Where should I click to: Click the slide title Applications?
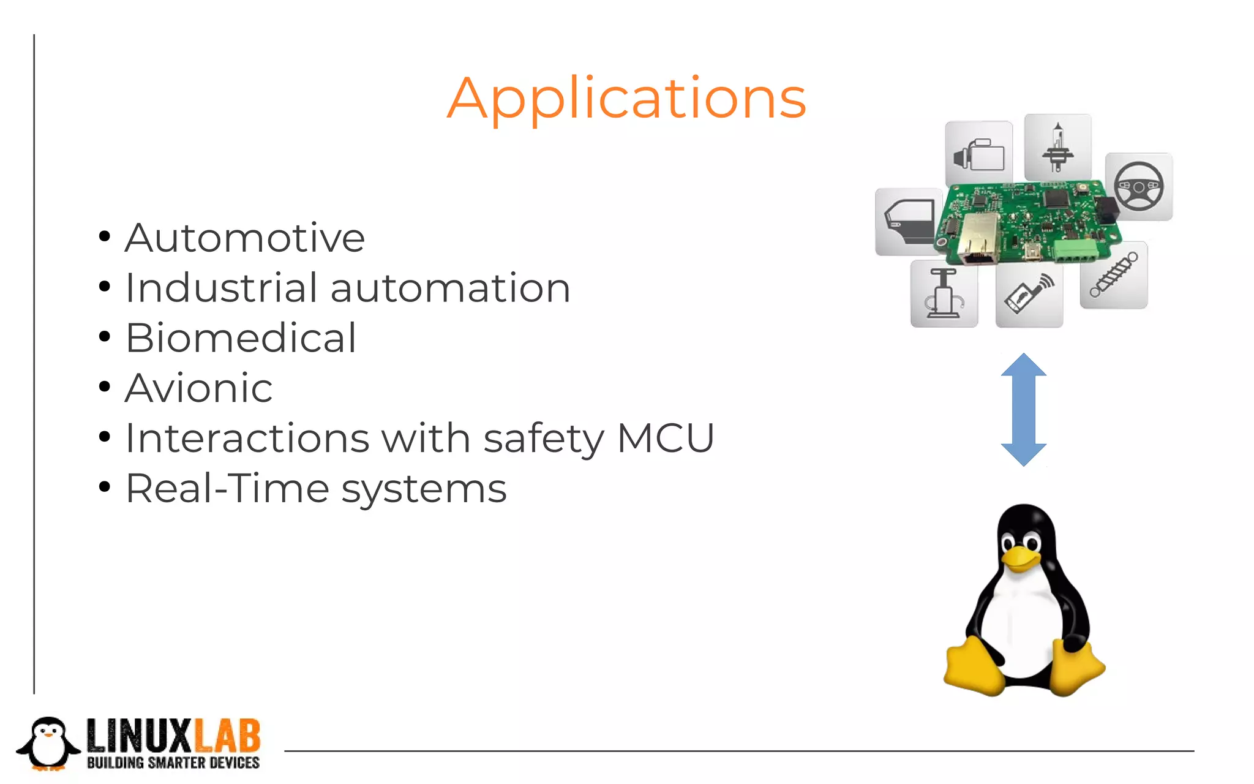(626, 98)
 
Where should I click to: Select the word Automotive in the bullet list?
(245, 238)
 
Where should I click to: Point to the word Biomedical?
(241, 337)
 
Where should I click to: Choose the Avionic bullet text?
(199, 388)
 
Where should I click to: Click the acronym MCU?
(666, 438)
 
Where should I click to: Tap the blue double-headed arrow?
(1023, 409)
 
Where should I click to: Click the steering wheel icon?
(1138, 187)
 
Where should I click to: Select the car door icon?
(907, 222)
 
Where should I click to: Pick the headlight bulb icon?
(1057, 148)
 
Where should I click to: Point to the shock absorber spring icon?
(1113, 275)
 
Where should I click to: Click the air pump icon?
(944, 293)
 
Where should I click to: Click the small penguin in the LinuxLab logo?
(48, 743)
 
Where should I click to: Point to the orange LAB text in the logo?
(227, 736)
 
